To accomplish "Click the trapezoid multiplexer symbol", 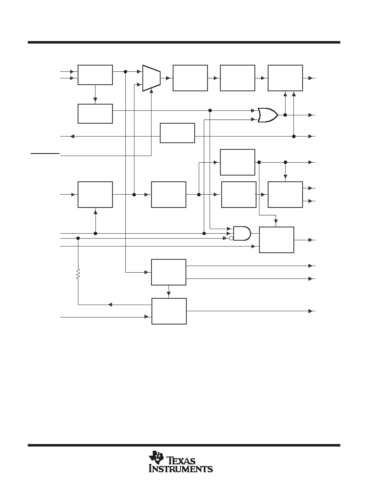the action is tap(151, 78).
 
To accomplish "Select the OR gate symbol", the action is tap(268, 115).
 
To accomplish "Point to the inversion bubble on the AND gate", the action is tap(231, 238).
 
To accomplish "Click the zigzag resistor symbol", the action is tap(78, 274).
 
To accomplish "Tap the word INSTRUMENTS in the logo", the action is tap(181, 469).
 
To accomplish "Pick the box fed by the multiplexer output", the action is tap(190, 78).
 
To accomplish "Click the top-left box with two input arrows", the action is tap(95, 75).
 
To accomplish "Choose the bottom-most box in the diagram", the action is tap(169, 311).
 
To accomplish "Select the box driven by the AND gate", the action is tap(277, 240).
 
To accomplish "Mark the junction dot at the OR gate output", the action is tap(285, 115).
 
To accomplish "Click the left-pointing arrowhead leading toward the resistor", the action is tap(110, 305).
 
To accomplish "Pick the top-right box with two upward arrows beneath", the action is tap(286, 78).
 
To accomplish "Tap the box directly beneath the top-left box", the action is tap(95, 114).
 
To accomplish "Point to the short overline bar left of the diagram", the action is tap(45, 154).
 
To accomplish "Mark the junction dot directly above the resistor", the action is tap(78, 238).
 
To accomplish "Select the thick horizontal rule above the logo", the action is tap(184, 445).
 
